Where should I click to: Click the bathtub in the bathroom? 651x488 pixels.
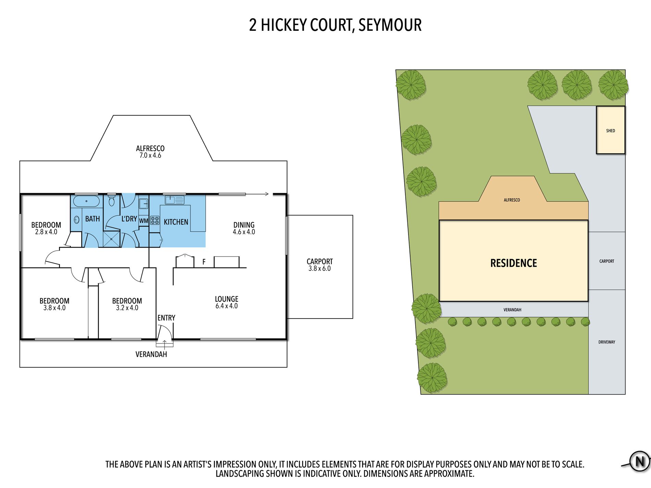click(x=86, y=201)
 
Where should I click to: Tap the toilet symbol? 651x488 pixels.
click(x=111, y=201)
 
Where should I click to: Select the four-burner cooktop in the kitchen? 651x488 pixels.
click(x=155, y=220)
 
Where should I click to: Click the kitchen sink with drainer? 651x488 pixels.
click(x=175, y=200)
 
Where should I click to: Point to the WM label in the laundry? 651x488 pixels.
click(x=144, y=221)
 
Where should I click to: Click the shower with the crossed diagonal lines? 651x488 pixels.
click(x=112, y=239)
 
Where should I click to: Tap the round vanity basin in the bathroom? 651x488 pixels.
click(x=77, y=220)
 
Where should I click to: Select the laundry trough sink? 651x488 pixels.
click(x=143, y=203)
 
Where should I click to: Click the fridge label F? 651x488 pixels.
click(x=204, y=262)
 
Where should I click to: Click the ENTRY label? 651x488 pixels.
click(x=166, y=318)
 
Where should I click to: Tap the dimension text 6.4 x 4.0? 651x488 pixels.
click(x=226, y=306)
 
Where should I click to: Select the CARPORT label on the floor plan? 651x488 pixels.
click(x=320, y=261)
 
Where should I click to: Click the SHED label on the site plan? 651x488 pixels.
click(x=611, y=130)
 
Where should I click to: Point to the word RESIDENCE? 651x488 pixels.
click(x=514, y=263)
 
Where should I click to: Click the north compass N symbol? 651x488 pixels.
click(x=639, y=461)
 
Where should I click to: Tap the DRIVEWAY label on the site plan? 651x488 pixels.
click(x=607, y=342)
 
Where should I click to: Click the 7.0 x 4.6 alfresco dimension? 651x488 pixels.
click(x=150, y=155)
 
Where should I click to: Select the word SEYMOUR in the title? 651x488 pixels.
click(x=390, y=25)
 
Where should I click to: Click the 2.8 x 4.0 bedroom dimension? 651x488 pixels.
click(x=46, y=232)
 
